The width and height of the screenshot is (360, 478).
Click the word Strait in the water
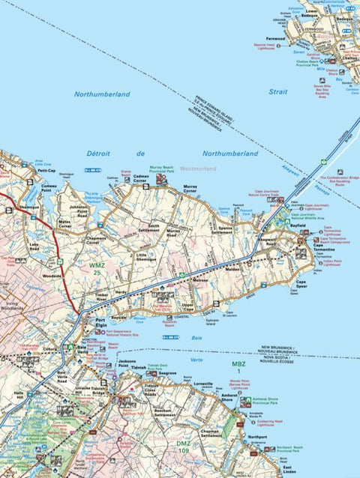pos(277,91)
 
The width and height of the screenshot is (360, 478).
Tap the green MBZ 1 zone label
pos(238,368)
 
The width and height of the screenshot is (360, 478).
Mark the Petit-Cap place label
pos(47,171)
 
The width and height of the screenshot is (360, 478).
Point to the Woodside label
pos(52,276)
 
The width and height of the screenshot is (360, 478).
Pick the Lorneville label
pos(202,384)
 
